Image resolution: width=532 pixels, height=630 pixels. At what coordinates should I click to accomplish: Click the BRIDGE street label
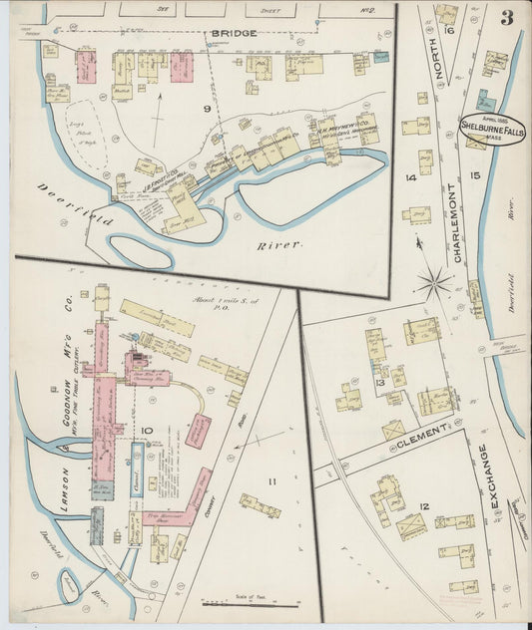point(233,33)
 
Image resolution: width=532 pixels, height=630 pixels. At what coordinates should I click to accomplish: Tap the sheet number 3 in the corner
point(507,17)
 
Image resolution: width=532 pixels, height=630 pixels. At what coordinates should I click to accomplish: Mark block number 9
point(208,108)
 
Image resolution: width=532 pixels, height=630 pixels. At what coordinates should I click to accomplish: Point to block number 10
point(146,431)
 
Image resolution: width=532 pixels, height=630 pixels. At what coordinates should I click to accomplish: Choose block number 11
point(269,481)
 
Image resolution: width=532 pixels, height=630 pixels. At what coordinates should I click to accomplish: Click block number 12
point(423,507)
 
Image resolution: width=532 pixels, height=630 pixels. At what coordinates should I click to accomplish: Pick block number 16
point(450,31)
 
